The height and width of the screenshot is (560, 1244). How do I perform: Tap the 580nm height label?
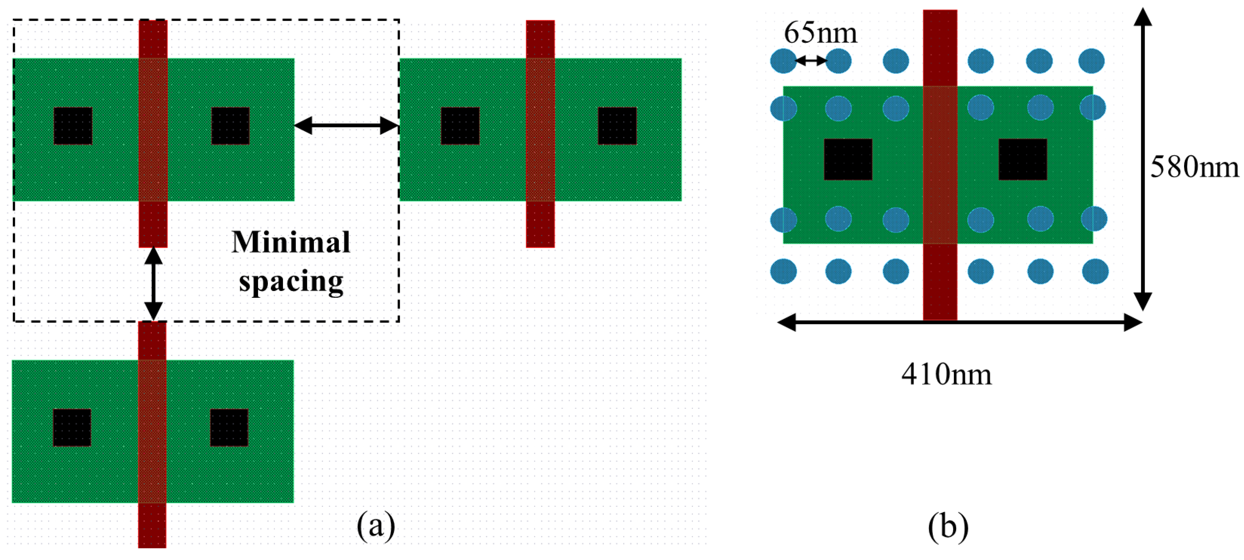coord(1194,167)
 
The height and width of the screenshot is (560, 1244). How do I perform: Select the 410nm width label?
coord(946,374)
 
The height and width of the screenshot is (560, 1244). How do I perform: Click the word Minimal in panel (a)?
coord(291,242)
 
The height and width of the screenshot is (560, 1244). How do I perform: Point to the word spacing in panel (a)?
coord(291,281)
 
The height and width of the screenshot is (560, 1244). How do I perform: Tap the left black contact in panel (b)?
coord(848,159)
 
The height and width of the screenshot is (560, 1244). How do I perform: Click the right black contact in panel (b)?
coord(1022,159)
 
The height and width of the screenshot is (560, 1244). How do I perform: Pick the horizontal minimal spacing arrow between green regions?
coord(346,125)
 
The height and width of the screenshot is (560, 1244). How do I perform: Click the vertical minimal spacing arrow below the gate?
coord(153,284)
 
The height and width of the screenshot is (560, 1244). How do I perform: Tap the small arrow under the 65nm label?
coord(811,61)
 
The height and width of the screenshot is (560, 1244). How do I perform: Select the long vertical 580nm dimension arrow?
coord(1142,159)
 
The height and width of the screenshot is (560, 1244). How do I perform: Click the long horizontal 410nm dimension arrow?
coord(959,322)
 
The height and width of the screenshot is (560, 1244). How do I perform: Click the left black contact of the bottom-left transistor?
coord(72,427)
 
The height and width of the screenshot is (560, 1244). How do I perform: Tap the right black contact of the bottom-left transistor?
coord(229,427)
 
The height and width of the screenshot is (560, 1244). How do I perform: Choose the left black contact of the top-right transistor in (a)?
coord(460,125)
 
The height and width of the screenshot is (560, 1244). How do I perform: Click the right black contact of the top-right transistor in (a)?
coord(617,125)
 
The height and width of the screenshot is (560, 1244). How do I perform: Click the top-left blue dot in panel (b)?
coord(783,61)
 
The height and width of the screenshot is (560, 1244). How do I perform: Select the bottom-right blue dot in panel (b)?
coord(1095,271)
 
